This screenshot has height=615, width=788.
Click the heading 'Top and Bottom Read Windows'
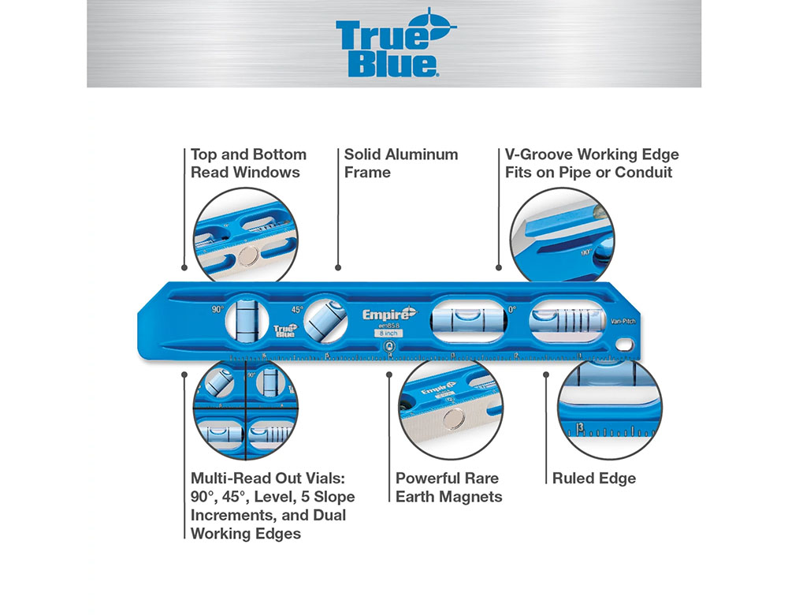pyautogui.click(x=248, y=163)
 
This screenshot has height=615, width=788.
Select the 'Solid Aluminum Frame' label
pyautogui.click(x=400, y=163)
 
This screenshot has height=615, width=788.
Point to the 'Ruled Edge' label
pyautogui.click(x=593, y=478)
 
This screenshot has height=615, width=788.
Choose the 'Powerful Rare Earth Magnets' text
pyautogui.click(x=448, y=487)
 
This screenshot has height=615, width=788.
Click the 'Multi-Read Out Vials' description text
pyautogui.click(x=273, y=505)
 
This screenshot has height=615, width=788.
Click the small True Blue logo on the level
pyautogui.click(x=284, y=332)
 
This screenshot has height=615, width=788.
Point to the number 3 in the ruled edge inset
pyautogui.click(x=580, y=427)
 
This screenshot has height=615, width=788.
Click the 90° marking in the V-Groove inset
pyautogui.click(x=586, y=252)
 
